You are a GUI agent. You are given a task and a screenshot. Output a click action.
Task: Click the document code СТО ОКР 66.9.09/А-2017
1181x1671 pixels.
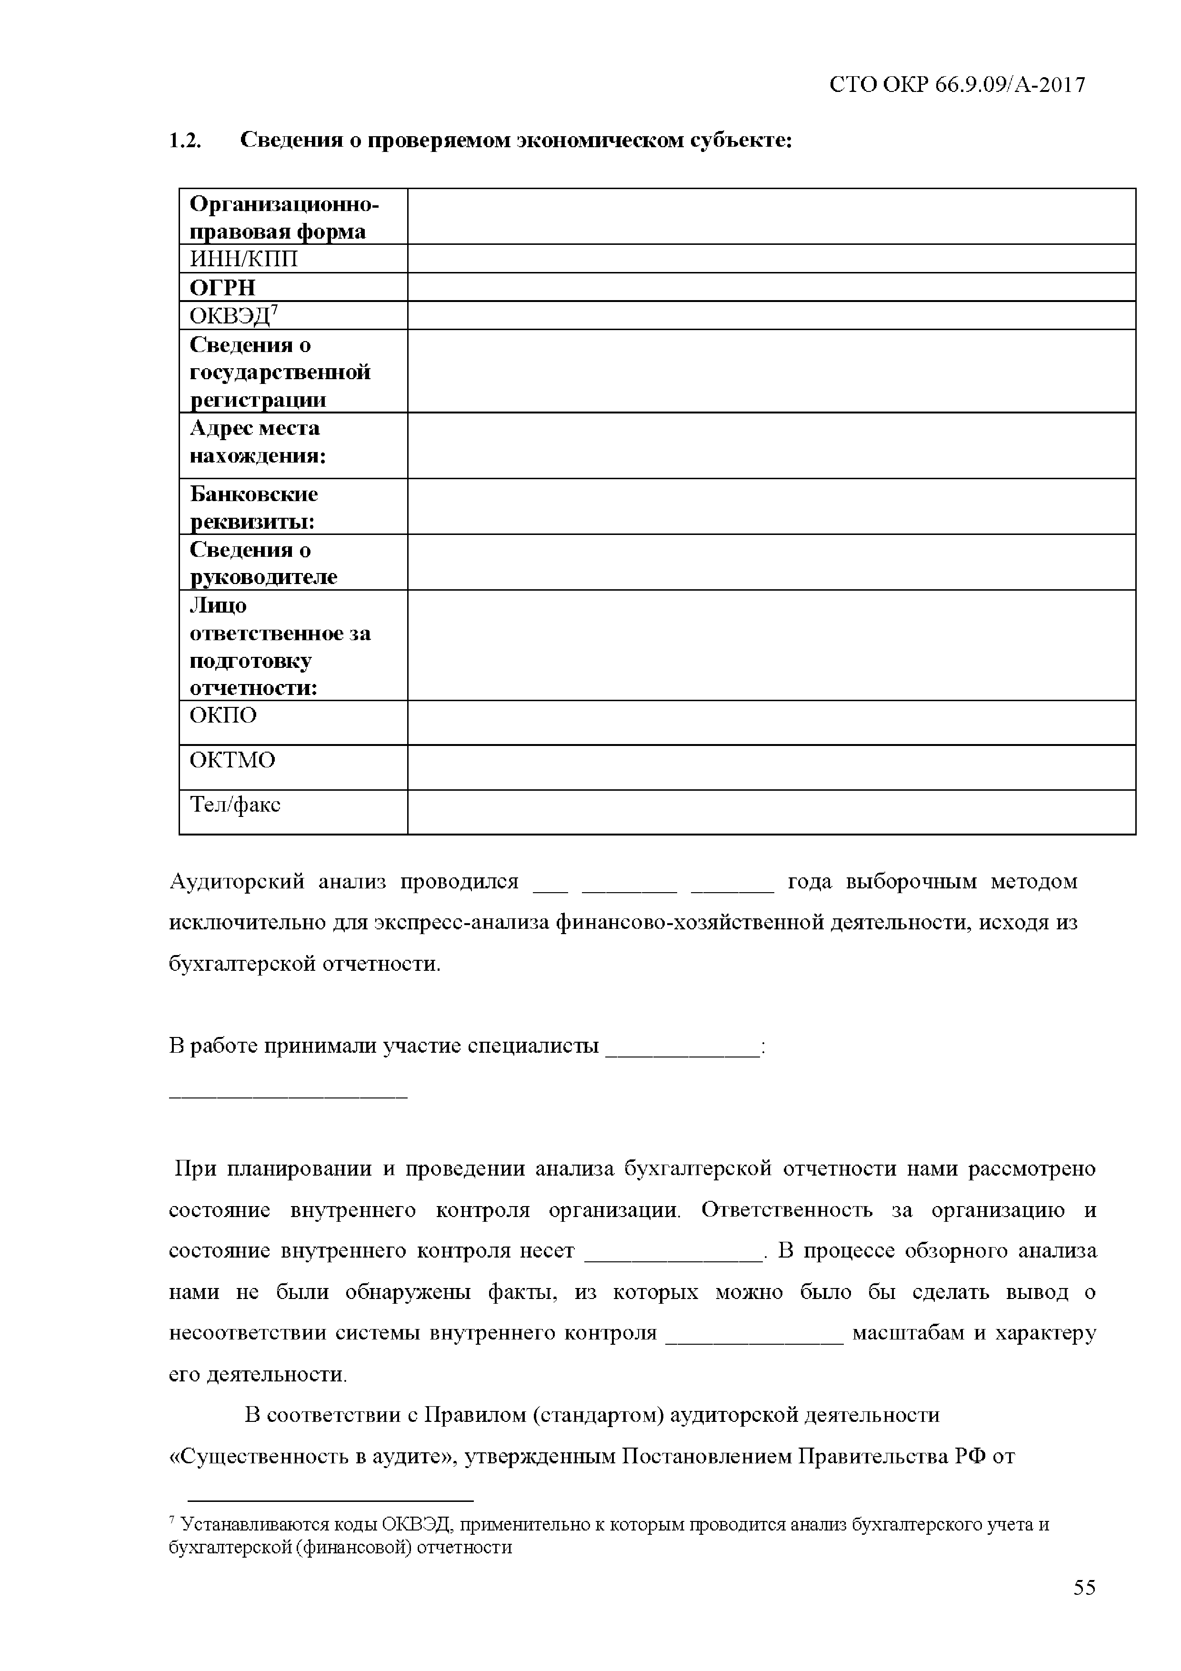coord(956,85)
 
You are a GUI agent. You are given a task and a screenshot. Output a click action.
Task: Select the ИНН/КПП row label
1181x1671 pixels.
coord(244,259)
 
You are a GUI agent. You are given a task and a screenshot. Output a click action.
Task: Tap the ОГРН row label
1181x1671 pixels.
coord(223,288)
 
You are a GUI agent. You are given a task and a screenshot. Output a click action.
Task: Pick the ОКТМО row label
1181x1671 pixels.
coord(232,761)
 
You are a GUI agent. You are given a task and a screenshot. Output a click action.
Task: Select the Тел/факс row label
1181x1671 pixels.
coord(235,805)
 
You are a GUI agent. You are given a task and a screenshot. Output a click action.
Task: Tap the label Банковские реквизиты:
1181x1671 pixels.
coord(253,507)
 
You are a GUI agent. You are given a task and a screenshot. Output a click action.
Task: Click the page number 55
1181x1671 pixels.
coord(1083,1608)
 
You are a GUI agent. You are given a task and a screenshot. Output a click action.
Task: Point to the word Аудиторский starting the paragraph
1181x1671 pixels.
coord(236,882)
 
